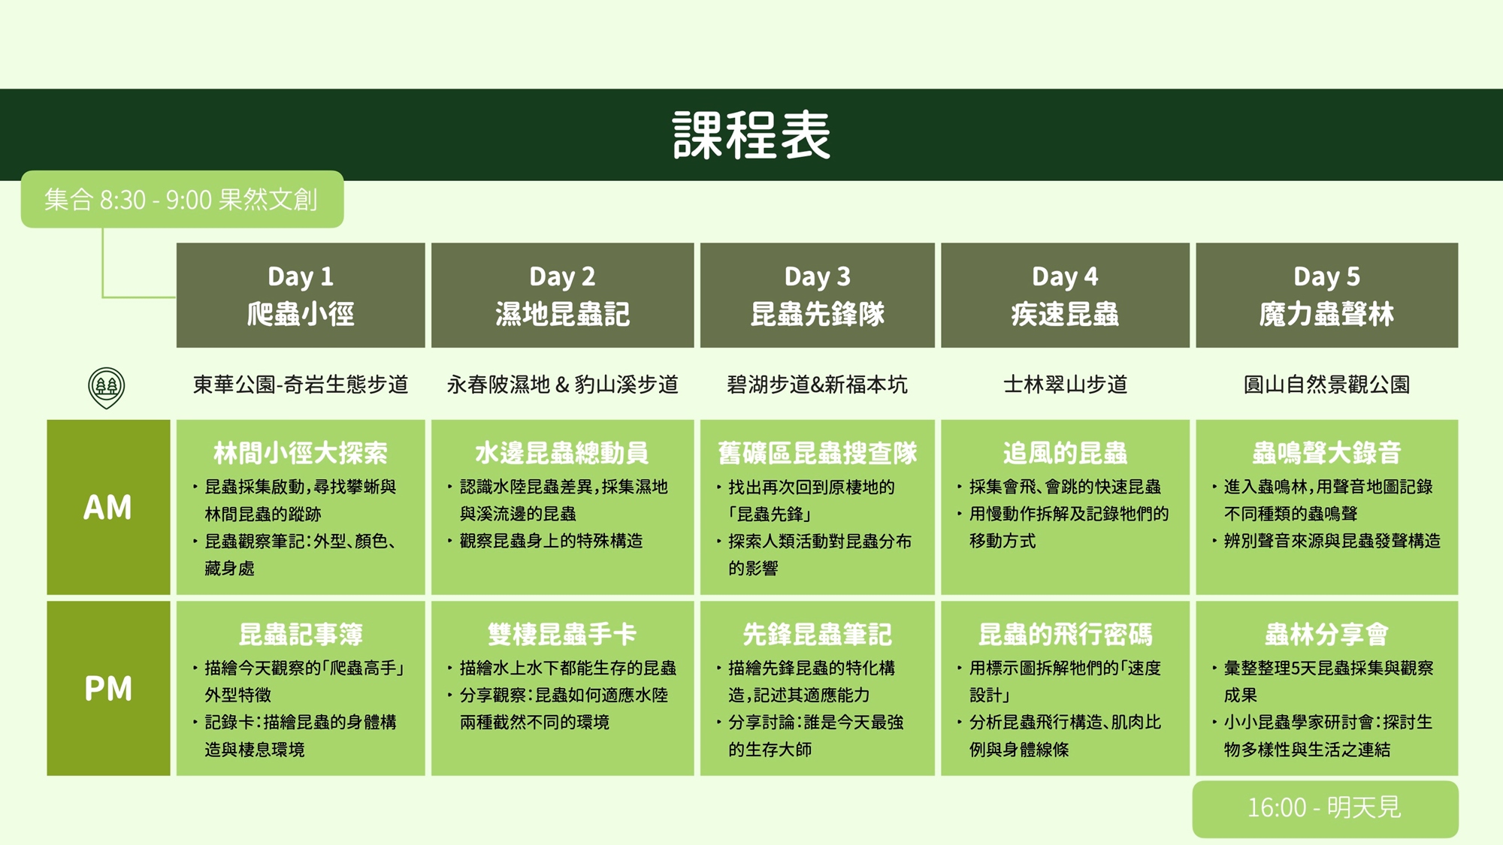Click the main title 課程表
coord(751,135)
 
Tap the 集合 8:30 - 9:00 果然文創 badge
coord(182,199)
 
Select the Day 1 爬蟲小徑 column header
coord(301,295)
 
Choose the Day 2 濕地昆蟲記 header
coord(562,295)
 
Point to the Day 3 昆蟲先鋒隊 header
coord(818,295)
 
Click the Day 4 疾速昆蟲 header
coord(1065,295)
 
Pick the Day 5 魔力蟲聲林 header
coord(1327,295)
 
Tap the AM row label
coord(108,507)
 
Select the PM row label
coord(108,688)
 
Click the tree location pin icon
coord(107,387)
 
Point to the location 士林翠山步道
coord(1065,385)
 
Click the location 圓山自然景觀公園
coord(1327,385)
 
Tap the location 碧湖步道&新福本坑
coord(818,385)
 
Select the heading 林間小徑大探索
coord(301,453)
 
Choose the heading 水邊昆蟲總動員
coord(562,453)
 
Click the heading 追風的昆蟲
coord(1065,453)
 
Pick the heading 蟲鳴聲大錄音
coord(1327,453)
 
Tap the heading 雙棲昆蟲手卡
coord(562,635)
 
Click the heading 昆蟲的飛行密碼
coord(1065,635)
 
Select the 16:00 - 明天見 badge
coord(1326,809)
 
